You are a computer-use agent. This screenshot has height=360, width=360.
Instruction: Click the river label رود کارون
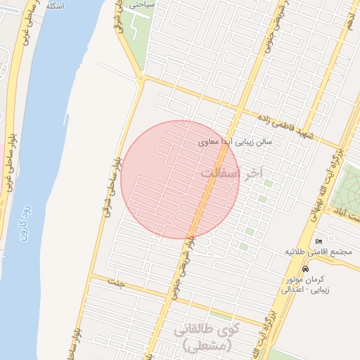(22, 221)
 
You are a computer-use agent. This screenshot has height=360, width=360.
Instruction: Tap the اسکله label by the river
(53, 6)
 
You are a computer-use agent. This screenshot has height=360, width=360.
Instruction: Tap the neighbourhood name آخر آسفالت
(230, 172)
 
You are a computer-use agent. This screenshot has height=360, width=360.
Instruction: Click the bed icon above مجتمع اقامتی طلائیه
(319, 241)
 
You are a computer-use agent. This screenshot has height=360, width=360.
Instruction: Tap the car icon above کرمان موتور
(304, 269)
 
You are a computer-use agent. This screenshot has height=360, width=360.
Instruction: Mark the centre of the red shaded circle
(180, 179)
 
